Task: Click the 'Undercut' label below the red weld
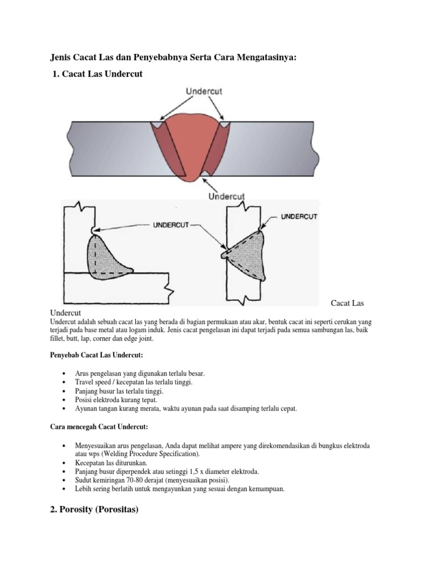226,196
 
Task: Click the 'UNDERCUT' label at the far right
299,216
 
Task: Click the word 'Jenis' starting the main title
62,57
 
